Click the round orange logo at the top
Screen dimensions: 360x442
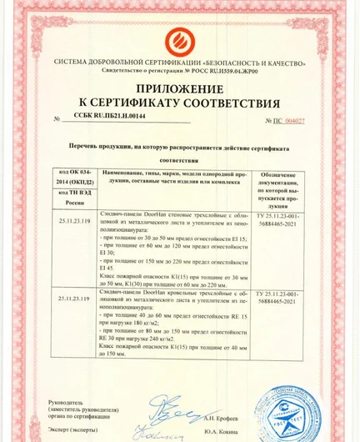pyautogui.click(x=179, y=38)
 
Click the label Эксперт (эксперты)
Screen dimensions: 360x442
pyautogui.click(x=78, y=432)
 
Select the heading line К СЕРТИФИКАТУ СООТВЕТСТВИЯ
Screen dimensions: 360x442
pyautogui.click(x=179, y=103)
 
